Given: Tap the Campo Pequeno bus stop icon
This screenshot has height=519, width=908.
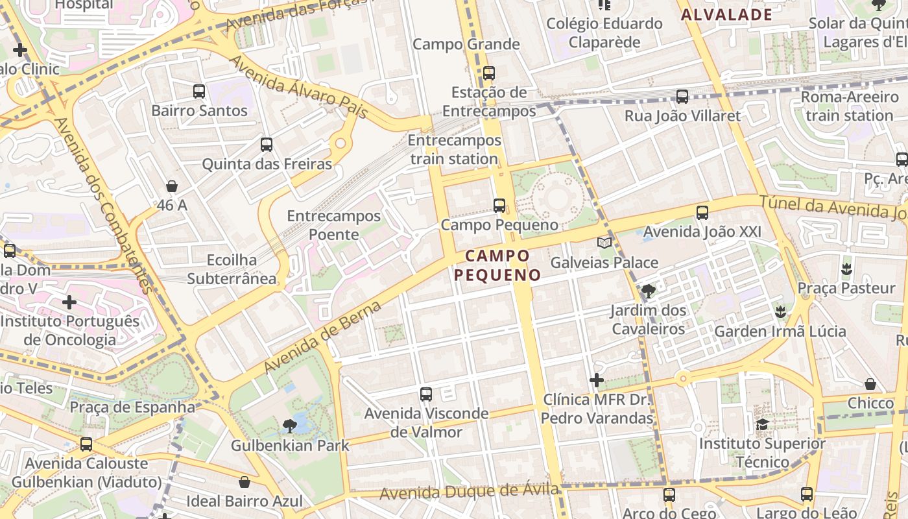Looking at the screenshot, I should point(499,206).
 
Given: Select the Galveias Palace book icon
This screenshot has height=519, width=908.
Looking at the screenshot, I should point(604,243).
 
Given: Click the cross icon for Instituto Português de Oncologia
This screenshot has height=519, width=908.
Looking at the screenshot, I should point(69,302).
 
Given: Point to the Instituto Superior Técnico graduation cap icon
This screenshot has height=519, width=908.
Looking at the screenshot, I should point(762,425).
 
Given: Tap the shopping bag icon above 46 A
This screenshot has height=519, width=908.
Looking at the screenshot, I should point(172,187).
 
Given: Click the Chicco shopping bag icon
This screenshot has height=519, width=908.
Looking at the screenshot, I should point(870,384).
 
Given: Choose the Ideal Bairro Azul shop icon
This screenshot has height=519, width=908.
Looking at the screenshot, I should point(245,482).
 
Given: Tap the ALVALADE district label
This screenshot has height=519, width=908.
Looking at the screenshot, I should point(726,15).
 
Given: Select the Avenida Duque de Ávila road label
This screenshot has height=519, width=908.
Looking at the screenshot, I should point(469,492).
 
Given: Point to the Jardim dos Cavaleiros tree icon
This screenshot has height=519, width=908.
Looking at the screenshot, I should point(648,291).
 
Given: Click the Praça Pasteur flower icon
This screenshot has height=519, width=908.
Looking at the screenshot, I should point(846,268).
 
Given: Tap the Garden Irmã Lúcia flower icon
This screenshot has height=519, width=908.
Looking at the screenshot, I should point(780,312).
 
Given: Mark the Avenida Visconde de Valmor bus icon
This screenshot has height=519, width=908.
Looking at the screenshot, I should point(426,394).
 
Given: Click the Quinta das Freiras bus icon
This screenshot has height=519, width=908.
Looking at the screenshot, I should point(267,145).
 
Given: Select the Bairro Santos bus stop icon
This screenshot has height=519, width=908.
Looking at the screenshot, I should point(199,91).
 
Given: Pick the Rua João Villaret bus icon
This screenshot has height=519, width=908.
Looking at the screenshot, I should point(682,97).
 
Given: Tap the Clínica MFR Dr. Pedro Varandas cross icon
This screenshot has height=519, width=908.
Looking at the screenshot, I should point(597,380).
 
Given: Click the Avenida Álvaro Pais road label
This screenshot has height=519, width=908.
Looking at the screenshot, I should point(299,88).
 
